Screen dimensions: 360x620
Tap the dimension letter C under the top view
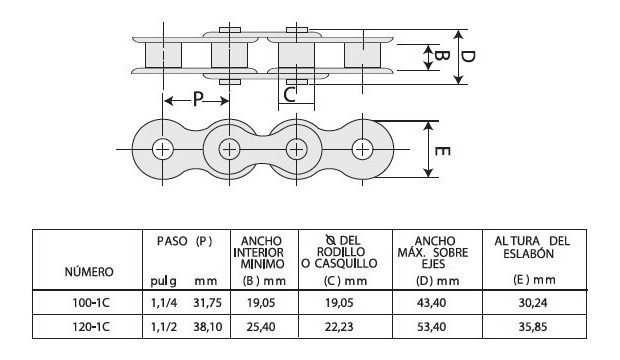click(x=290, y=95)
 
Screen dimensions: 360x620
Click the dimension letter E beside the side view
click(x=443, y=152)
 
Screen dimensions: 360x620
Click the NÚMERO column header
click(x=89, y=272)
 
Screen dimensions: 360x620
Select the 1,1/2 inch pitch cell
click(x=162, y=324)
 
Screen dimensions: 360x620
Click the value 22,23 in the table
click(x=338, y=324)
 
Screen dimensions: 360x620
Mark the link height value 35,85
click(x=531, y=324)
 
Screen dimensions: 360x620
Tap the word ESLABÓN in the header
click(x=532, y=254)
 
